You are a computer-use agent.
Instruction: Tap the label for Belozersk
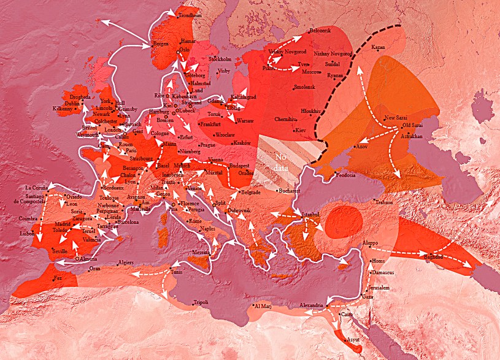320,31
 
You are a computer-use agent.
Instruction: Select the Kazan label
379,47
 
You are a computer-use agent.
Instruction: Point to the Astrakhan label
413,136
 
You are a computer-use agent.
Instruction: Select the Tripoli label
201,302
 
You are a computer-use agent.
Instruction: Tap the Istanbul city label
311,214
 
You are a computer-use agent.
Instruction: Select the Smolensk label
305,87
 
